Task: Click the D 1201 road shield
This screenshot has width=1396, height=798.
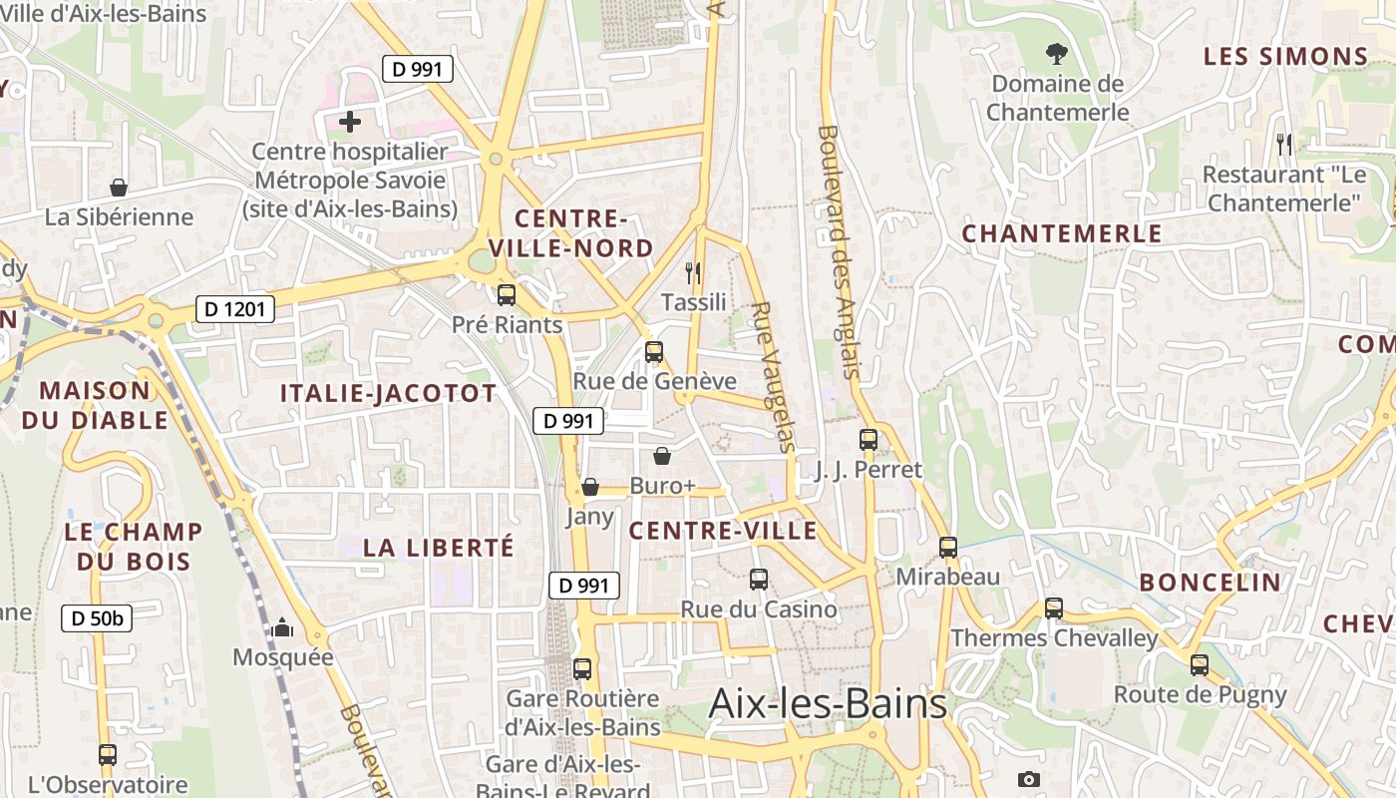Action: point(235,309)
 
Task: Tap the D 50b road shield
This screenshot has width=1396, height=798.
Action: point(97,618)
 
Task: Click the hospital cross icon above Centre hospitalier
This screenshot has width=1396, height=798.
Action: point(350,123)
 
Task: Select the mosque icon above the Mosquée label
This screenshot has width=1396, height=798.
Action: point(283,627)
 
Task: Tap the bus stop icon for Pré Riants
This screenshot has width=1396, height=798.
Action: point(507,295)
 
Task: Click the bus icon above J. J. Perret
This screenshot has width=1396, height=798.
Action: point(869,440)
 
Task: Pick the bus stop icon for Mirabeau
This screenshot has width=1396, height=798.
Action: point(948,548)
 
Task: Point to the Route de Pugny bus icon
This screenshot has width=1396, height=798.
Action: point(1200,664)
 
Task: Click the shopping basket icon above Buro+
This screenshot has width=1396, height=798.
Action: point(662,457)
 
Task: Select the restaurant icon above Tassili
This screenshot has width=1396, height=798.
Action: point(694,272)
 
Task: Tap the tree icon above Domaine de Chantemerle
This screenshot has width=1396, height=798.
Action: point(1056,54)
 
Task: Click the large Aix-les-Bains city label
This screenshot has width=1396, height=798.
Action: point(828,704)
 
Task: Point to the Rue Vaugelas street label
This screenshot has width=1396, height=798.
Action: point(772,377)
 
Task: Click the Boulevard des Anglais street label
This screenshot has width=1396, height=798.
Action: point(838,251)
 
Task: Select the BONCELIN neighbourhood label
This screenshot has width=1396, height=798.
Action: point(1210,583)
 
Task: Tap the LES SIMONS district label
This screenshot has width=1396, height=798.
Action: point(1285,57)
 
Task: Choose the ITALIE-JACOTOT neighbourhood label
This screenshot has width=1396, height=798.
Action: point(388,393)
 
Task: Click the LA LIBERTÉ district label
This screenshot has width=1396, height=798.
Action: point(439,548)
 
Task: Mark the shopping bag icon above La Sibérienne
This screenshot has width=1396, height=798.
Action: point(119,188)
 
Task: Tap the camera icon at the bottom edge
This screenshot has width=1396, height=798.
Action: point(1029,779)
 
